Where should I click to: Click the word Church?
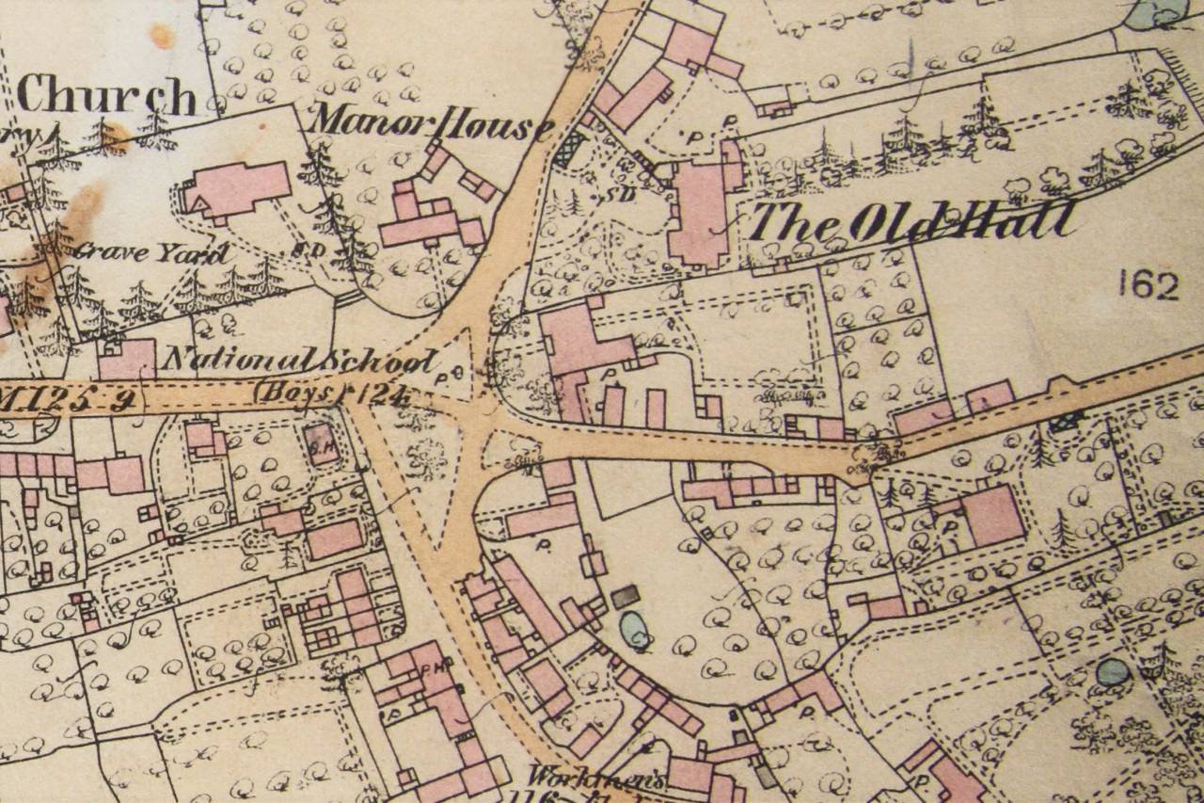(x=106, y=95)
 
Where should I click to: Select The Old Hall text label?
(x=911, y=222)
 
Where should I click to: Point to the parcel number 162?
(x=1149, y=284)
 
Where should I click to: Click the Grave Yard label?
(x=150, y=252)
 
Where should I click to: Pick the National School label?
(x=300, y=360)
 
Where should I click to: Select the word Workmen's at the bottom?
(x=595, y=778)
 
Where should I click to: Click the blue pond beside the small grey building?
(x=636, y=629)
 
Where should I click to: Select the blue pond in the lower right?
(x=1112, y=671)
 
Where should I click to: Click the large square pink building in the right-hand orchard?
(x=993, y=515)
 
